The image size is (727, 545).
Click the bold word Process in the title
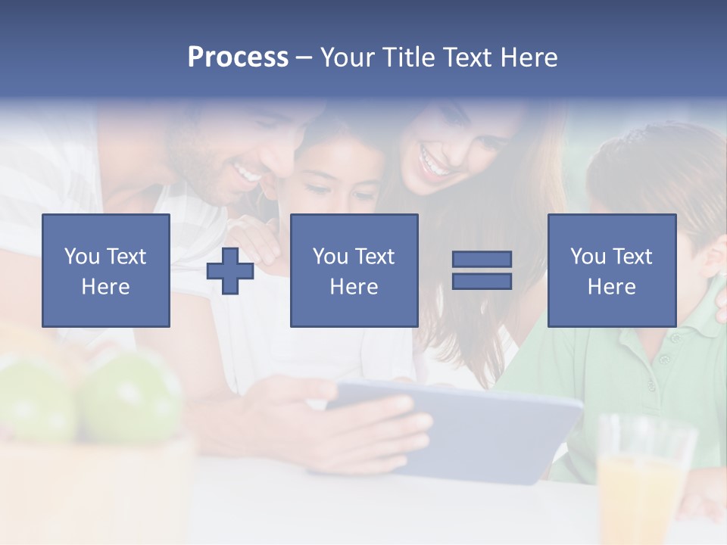coord(238,58)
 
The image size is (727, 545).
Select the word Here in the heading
coord(526,58)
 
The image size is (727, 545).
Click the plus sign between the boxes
coord(230,271)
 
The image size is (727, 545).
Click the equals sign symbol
coord(482,270)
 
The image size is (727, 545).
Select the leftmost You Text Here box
coord(106,271)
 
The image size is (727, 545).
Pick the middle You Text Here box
coord(354,271)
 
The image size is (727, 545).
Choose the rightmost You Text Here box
coord(612,271)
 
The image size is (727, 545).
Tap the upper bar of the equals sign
coord(482,260)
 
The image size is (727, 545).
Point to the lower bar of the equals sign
coord(482,281)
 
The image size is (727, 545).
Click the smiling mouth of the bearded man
coord(246,175)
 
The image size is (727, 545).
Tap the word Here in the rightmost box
coord(612,287)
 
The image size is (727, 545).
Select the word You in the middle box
coord(330,257)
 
